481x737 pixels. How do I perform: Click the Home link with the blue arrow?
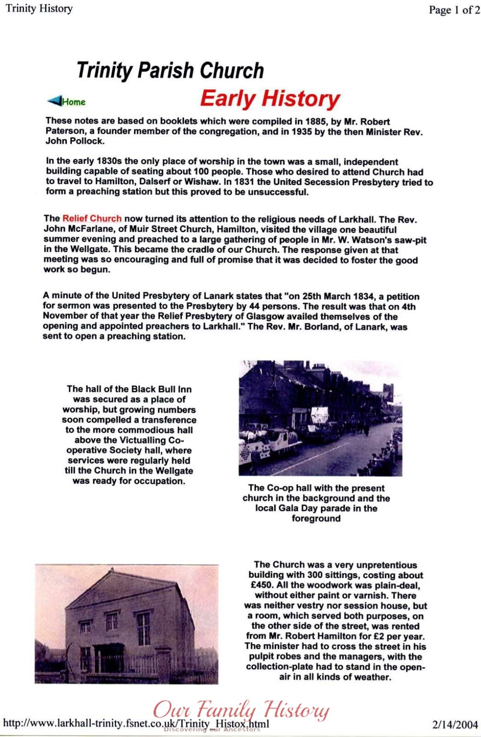(x=67, y=101)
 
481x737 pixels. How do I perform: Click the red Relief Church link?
(x=92, y=219)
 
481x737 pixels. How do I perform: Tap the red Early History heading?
(x=270, y=99)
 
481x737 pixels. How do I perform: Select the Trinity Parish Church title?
(x=170, y=70)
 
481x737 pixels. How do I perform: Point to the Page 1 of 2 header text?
(x=454, y=10)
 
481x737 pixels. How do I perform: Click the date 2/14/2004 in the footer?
(x=455, y=725)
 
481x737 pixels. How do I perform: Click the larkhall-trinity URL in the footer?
(x=136, y=723)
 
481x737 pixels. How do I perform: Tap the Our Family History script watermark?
(x=240, y=710)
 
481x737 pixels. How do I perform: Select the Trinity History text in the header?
(x=39, y=9)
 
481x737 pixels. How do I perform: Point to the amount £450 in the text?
(x=261, y=585)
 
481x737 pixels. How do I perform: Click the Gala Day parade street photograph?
(x=320, y=418)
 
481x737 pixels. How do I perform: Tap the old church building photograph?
(x=126, y=624)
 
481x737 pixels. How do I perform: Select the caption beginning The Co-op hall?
(x=316, y=503)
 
